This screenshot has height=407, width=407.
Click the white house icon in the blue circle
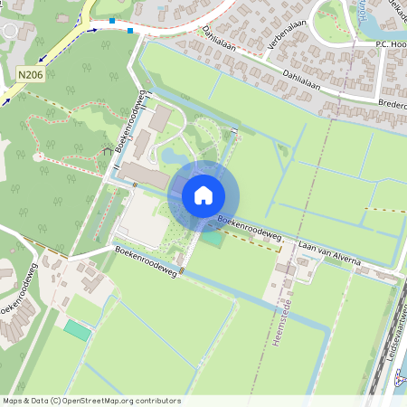(203, 194)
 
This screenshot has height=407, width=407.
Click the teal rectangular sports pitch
(78, 331)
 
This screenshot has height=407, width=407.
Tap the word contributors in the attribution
(156, 401)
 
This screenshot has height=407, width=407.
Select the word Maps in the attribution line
(13, 401)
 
